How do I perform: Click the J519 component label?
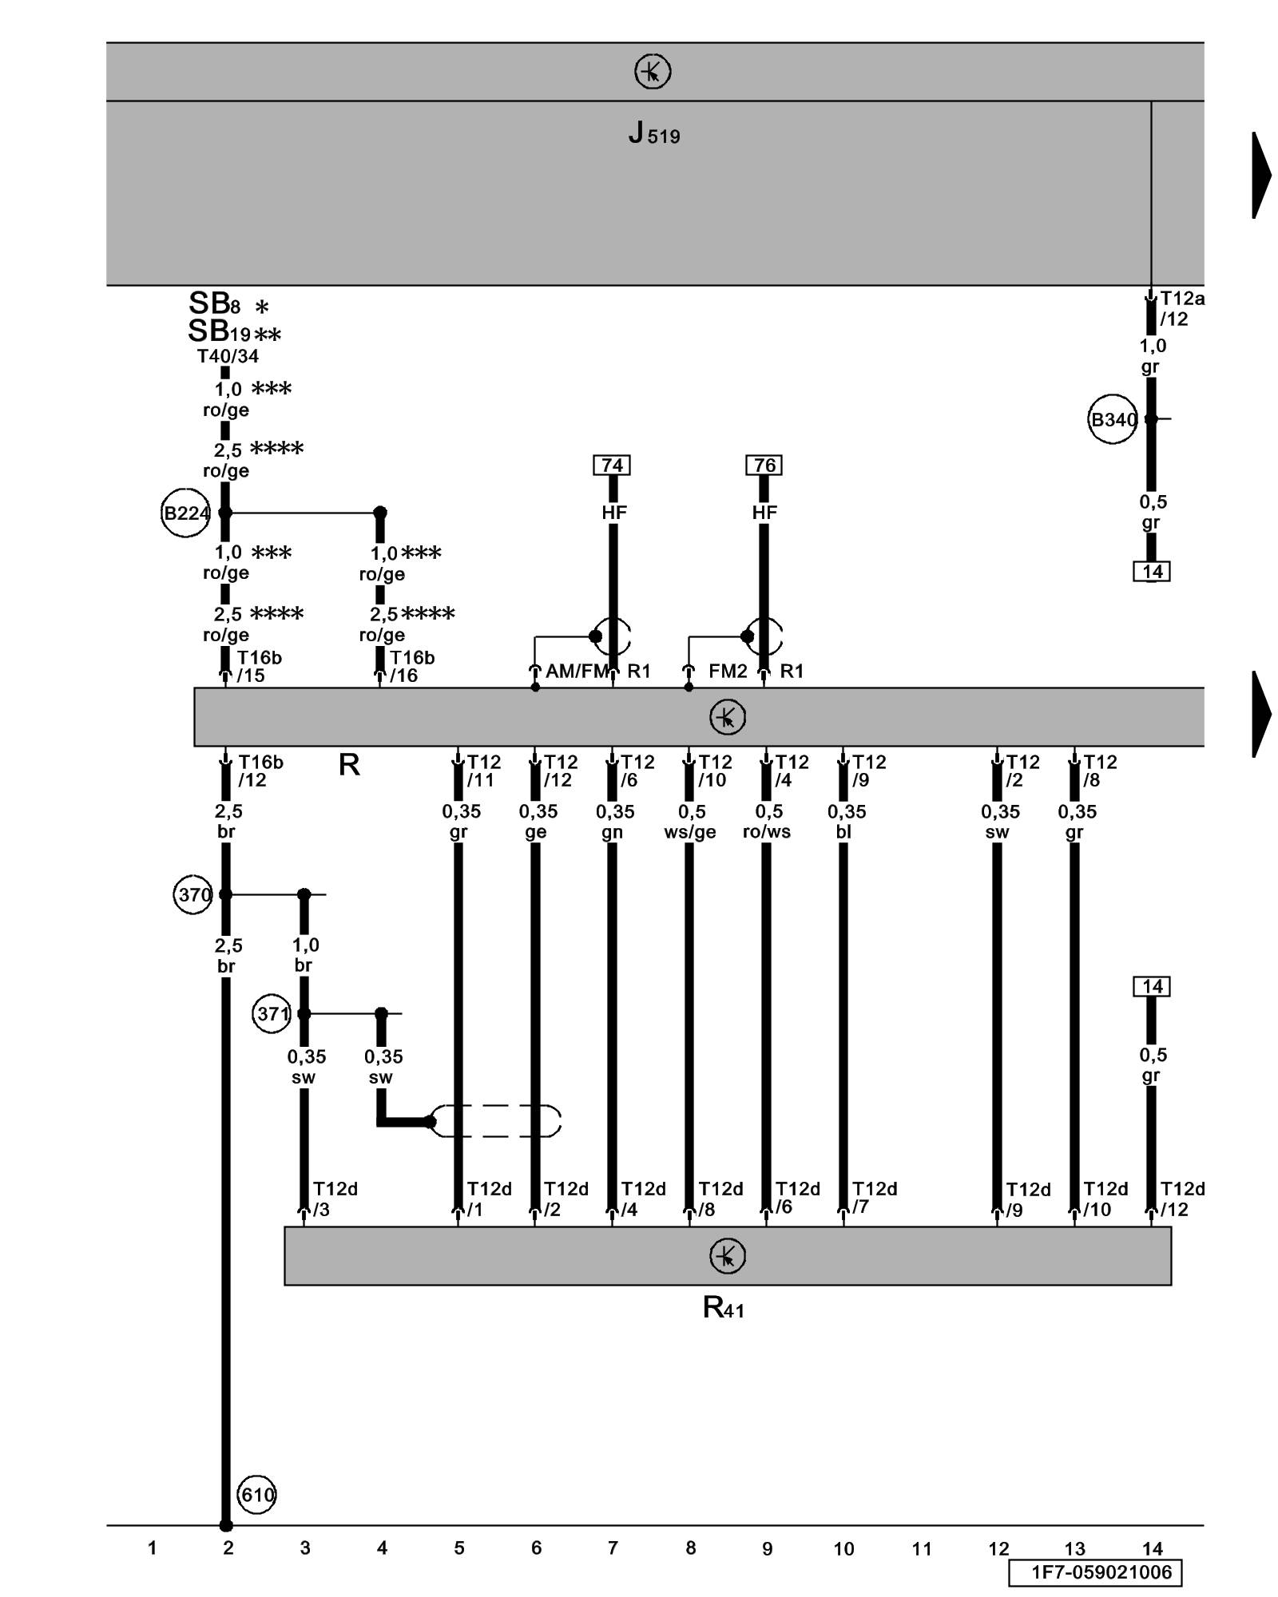click(653, 133)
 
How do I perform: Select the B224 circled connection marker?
click(186, 513)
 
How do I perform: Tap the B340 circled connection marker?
click(1113, 419)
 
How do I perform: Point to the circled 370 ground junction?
click(193, 894)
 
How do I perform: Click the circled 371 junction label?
click(272, 1014)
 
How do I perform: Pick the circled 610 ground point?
click(256, 1495)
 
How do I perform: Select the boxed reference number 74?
click(612, 465)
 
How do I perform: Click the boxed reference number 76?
click(764, 465)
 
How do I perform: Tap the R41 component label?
click(724, 1308)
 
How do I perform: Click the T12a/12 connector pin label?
click(1180, 308)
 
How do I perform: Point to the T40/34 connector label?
click(228, 356)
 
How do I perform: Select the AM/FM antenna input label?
click(577, 672)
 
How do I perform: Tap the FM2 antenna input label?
click(728, 672)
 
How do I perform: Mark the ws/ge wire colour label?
click(690, 832)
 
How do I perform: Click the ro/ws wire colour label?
click(767, 832)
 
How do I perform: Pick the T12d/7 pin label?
click(872, 1198)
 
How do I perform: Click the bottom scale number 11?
click(922, 1549)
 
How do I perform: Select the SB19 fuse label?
click(220, 331)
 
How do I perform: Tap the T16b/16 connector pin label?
click(411, 666)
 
